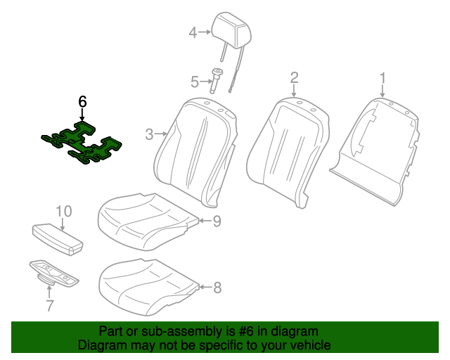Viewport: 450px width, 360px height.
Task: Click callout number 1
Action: [382, 77]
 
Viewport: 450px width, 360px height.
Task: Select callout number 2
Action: [295, 77]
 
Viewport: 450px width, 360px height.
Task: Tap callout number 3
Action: [149, 134]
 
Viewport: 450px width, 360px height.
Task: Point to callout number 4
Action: [193, 32]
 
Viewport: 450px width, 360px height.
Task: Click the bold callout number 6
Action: [82, 102]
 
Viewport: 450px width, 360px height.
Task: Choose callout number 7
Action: [49, 304]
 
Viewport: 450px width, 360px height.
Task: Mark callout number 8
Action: [217, 287]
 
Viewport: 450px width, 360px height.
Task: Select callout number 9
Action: [217, 221]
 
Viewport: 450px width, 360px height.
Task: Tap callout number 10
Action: [63, 211]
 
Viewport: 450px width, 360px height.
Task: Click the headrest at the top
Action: [234, 30]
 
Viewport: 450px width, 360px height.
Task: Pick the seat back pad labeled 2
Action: [289, 148]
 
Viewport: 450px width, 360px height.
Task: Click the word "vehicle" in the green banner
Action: [308, 346]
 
